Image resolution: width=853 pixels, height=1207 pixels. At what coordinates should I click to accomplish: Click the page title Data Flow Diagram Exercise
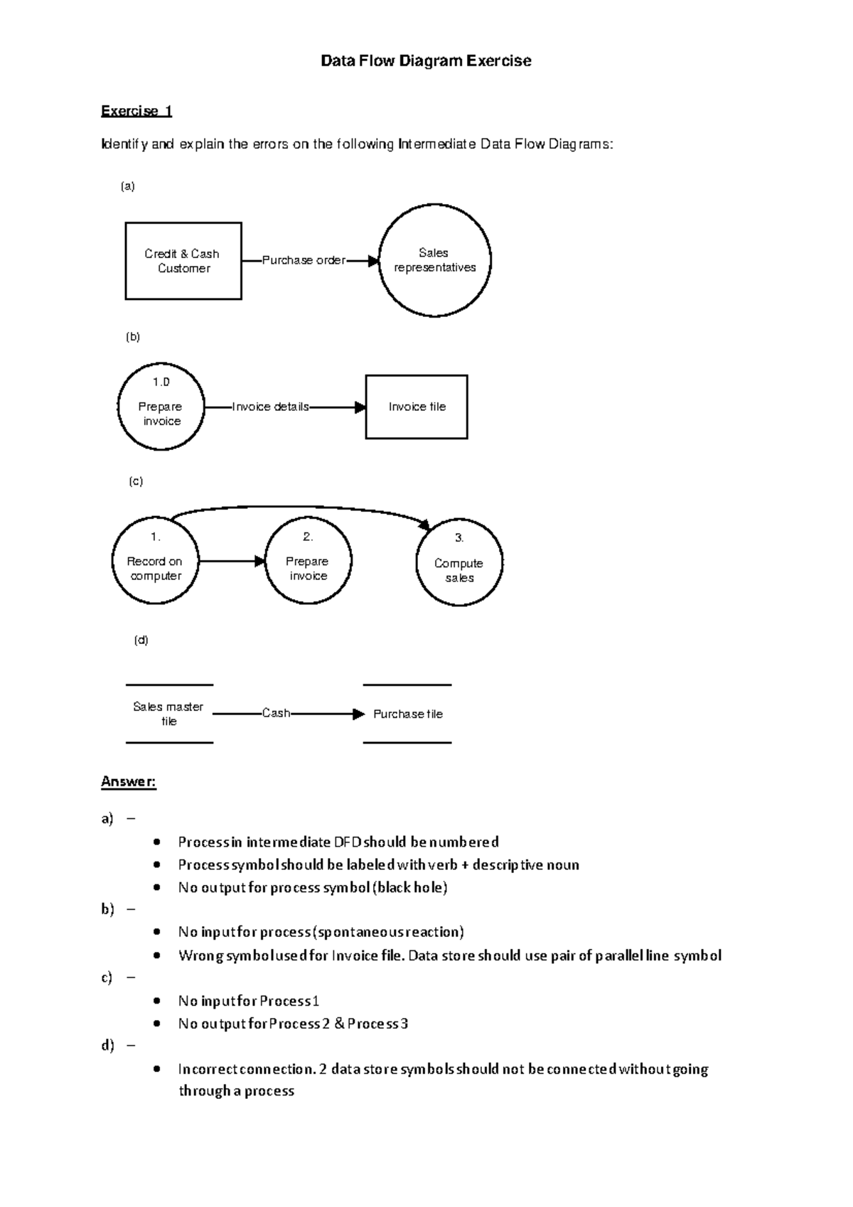426,61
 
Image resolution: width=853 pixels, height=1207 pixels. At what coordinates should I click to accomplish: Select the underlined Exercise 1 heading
136,111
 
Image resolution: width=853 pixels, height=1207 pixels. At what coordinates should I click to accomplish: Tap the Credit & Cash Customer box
183,261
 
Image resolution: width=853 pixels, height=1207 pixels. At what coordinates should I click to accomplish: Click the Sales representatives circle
434,260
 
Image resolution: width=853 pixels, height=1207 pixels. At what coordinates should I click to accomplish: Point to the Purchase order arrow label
304,260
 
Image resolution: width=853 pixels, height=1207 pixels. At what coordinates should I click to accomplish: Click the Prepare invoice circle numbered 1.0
161,407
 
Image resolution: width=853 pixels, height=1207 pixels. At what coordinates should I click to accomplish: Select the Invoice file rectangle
417,407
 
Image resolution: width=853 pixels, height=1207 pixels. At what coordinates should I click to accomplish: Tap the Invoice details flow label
271,407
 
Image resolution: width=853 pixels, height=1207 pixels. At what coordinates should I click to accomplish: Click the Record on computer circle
155,561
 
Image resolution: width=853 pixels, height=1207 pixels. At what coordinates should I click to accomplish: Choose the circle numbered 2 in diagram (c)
308,561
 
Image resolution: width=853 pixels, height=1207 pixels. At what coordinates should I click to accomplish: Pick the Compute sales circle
459,562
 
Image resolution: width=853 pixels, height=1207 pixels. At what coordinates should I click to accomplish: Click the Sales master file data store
168,714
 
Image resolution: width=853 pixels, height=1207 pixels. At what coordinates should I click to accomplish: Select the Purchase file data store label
408,714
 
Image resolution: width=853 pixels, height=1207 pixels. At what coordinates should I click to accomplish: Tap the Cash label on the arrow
276,713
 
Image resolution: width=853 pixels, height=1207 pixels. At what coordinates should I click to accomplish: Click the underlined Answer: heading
128,782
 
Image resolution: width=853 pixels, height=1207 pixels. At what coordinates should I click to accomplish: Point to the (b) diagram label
133,337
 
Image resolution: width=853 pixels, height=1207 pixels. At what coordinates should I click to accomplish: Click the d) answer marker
107,1046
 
